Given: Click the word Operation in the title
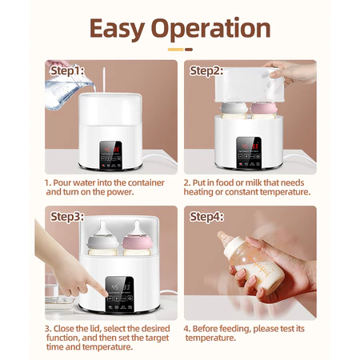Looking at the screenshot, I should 214,29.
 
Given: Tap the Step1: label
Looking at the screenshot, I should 69,70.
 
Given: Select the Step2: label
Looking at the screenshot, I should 206,70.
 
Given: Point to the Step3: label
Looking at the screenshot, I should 69,217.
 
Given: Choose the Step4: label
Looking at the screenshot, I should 206,217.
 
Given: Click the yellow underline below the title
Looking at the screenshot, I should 180,50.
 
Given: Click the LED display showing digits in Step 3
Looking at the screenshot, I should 120,287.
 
